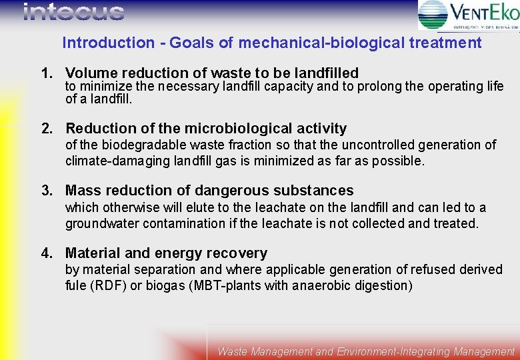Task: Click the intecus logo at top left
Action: (x=73, y=12)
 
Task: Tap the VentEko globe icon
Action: (x=433, y=15)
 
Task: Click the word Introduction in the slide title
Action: (x=108, y=43)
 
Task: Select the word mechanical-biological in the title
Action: (x=320, y=43)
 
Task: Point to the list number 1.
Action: (x=46, y=73)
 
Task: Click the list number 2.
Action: (x=46, y=129)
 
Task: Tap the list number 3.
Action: (x=46, y=191)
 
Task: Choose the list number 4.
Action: (x=46, y=253)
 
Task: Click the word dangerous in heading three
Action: (x=231, y=191)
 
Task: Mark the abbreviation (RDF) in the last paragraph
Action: (x=108, y=285)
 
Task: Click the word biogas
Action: (x=161, y=285)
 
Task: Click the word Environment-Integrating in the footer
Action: (x=393, y=351)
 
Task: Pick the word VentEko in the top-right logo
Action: (x=484, y=12)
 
